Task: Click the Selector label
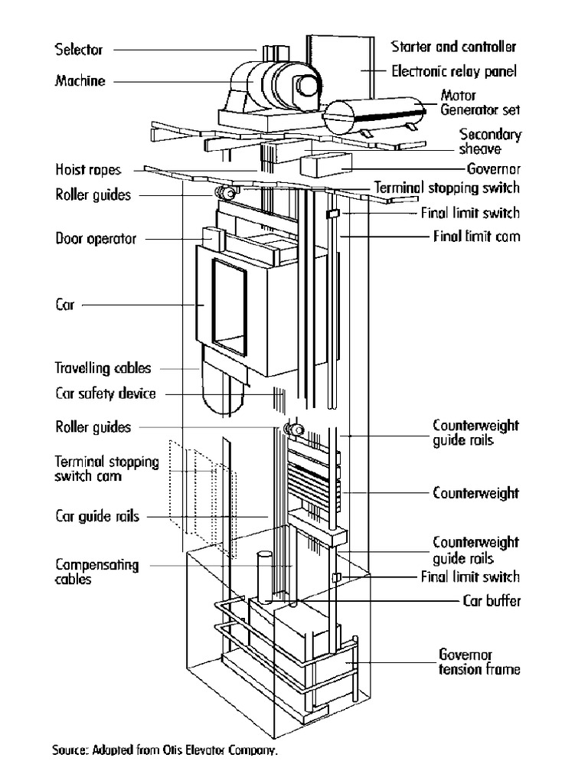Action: [78, 51]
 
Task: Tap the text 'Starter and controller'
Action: [453, 47]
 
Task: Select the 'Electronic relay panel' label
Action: [454, 72]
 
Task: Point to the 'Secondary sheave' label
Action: [490, 142]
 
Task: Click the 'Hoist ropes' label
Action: [87, 169]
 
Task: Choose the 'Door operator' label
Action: [95, 239]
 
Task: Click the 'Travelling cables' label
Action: [103, 368]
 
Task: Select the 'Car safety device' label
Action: [105, 394]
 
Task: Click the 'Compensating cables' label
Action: [96, 572]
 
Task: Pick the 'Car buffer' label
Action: [491, 601]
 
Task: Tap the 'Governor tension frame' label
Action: [479, 662]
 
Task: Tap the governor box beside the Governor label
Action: [325, 164]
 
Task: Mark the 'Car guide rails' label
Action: [97, 517]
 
